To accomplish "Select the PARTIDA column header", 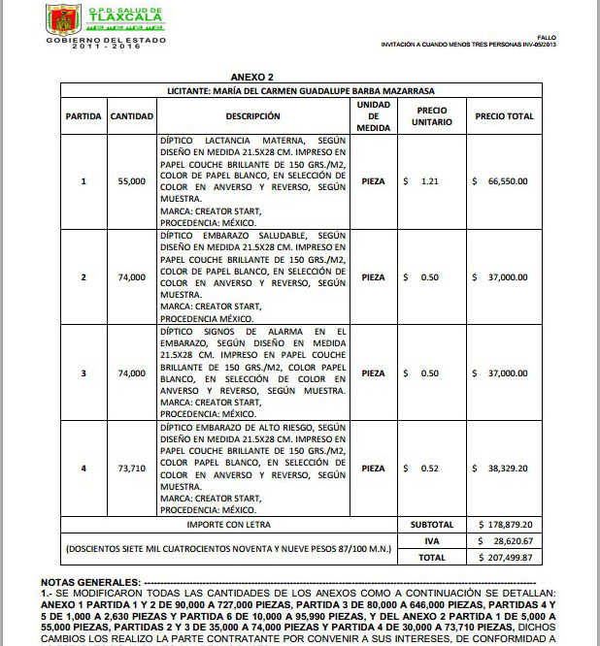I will (x=83, y=116).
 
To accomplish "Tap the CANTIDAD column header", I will (x=131, y=116).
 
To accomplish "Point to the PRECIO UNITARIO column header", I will (x=431, y=116).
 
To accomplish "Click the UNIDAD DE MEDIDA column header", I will (x=373, y=116).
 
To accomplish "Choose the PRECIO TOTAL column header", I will (x=504, y=116).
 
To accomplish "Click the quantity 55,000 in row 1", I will (x=131, y=181).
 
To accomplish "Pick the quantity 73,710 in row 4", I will (x=131, y=468).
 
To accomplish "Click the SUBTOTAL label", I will (x=431, y=525).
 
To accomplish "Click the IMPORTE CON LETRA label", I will (x=229, y=525).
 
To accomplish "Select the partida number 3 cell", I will (x=83, y=373).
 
